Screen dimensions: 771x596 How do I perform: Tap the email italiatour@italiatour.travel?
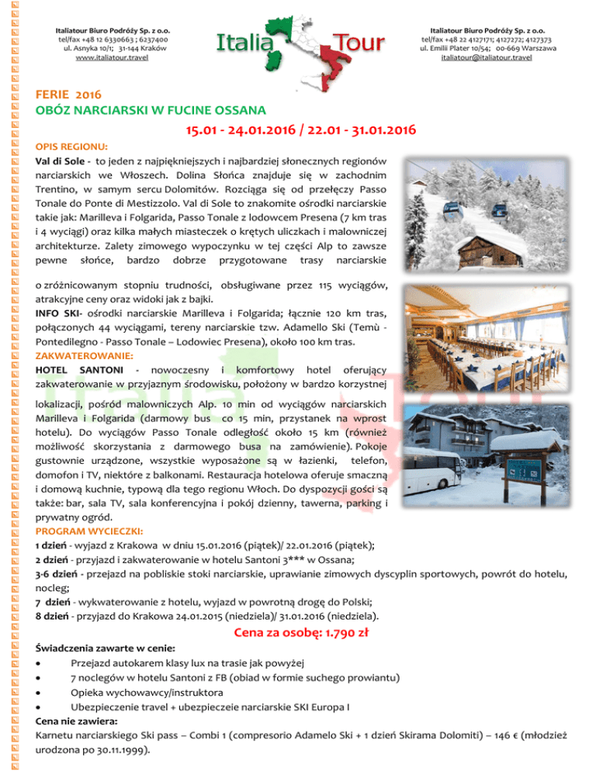coord(475,58)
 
